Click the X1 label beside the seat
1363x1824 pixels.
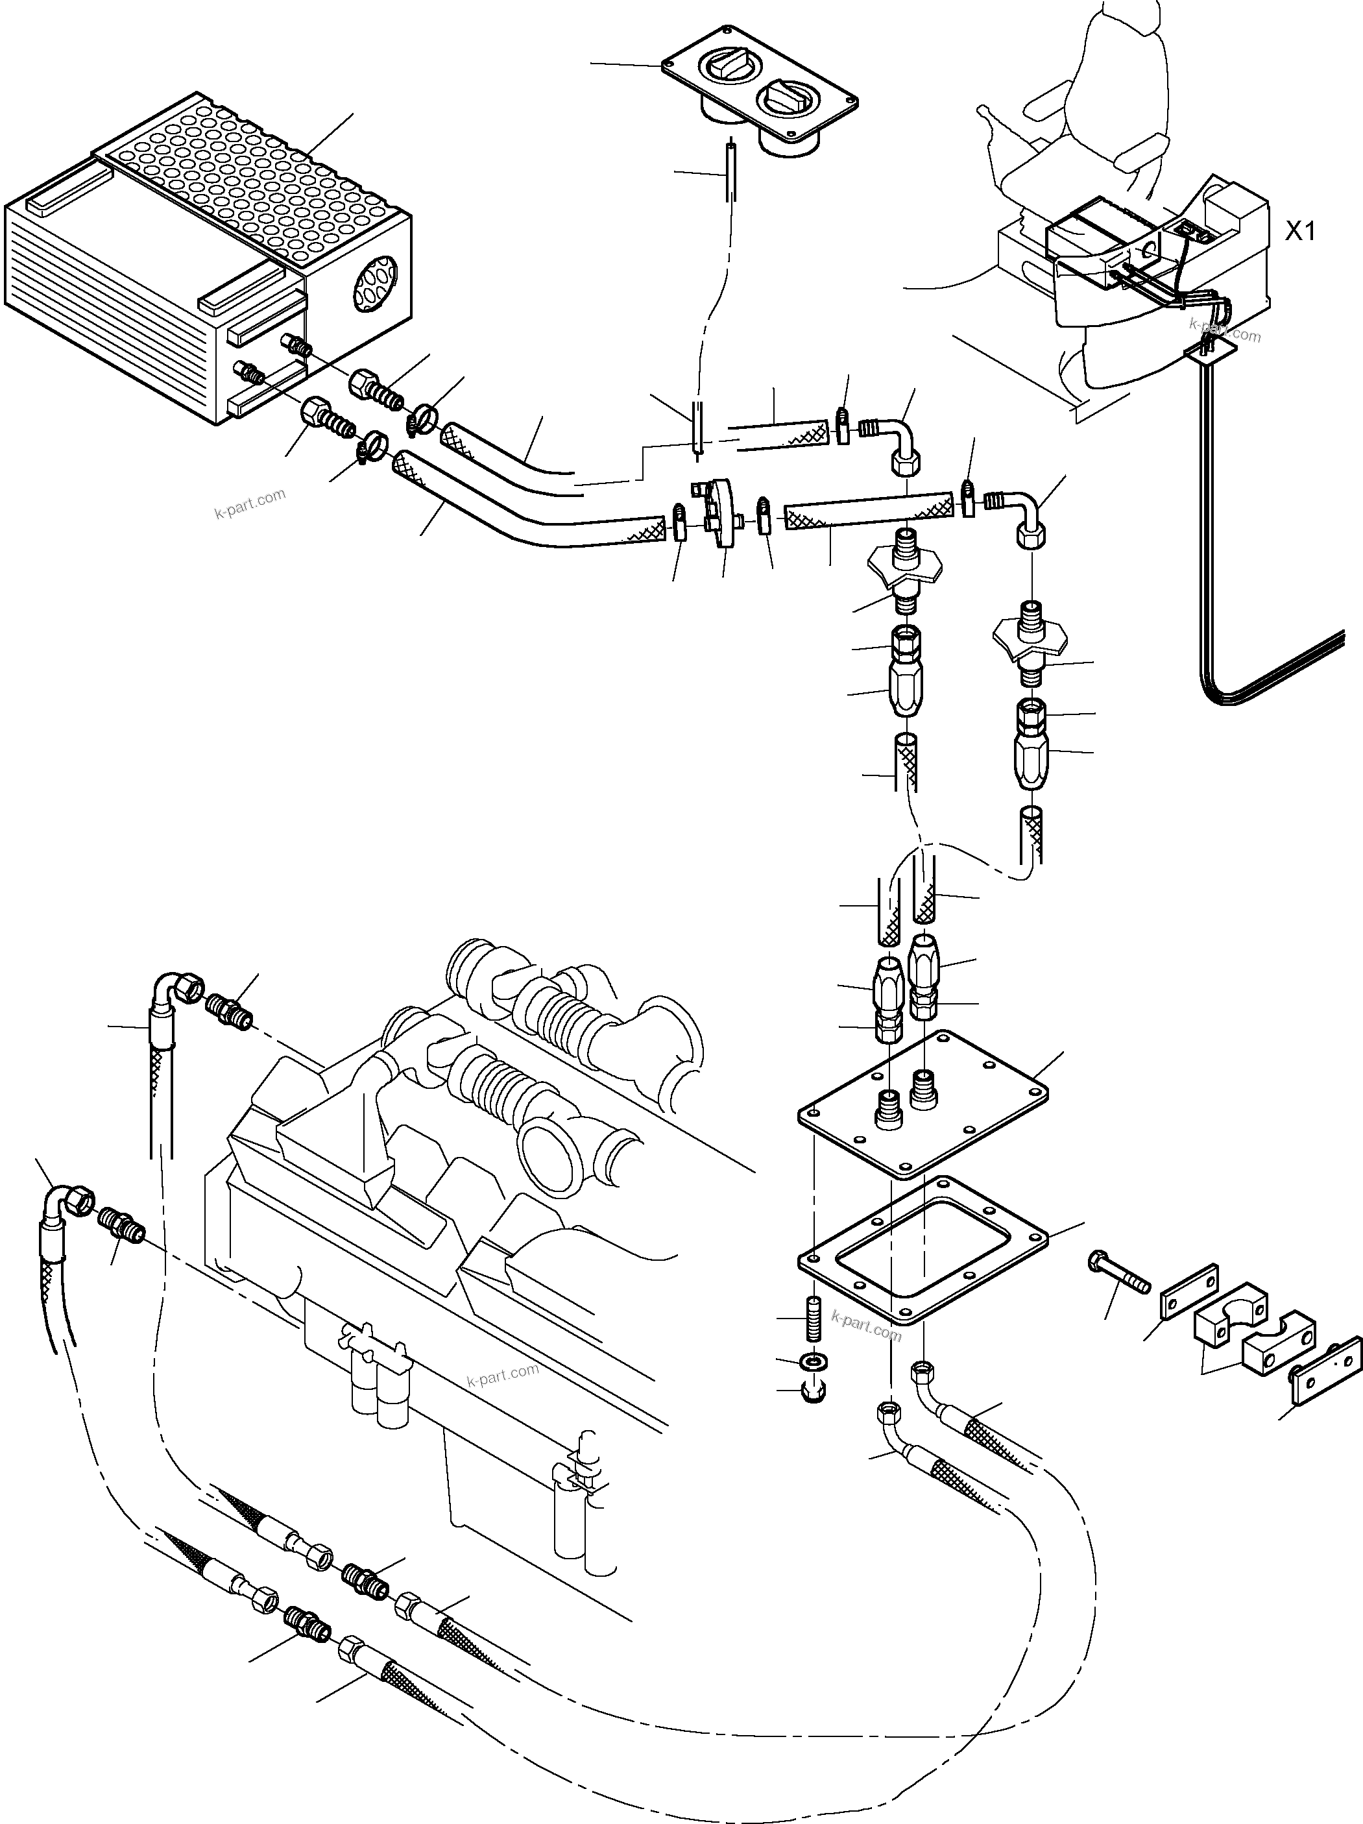(x=1299, y=232)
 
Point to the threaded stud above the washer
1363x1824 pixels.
(x=814, y=1319)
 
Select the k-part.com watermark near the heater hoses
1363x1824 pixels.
(x=250, y=504)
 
